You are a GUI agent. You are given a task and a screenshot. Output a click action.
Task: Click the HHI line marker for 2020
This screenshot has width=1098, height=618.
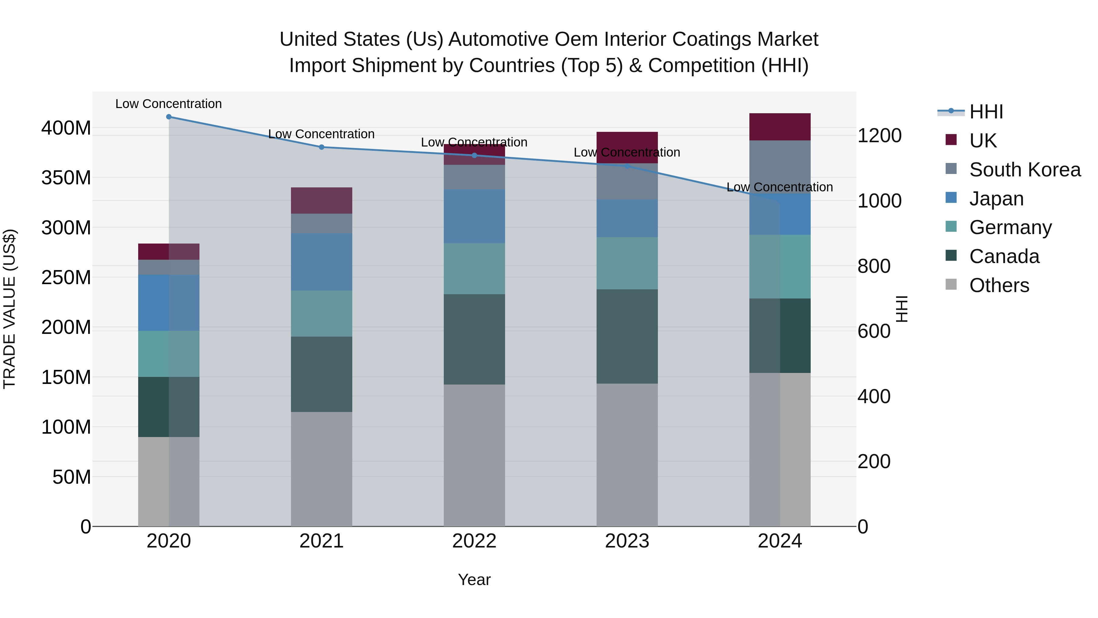pos(169,117)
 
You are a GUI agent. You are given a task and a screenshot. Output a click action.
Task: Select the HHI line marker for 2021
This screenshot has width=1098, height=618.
pos(321,147)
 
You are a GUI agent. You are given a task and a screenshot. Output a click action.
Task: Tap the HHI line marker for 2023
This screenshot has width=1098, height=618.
pos(627,166)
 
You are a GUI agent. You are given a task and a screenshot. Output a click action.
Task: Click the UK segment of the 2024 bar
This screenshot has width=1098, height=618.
pos(780,127)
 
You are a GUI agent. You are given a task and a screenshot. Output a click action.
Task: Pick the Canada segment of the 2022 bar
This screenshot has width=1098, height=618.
pos(474,339)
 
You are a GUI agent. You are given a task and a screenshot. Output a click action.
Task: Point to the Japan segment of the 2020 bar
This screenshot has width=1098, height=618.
pos(169,302)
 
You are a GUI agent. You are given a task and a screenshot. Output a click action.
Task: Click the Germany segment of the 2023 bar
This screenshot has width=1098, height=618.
pos(627,263)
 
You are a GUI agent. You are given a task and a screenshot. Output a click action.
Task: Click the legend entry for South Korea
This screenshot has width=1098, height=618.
pos(1025,170)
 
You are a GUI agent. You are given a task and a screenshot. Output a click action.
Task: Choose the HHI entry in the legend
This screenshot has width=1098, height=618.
pos(986,112)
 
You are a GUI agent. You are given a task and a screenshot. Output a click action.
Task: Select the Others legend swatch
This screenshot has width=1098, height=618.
pos(951,284)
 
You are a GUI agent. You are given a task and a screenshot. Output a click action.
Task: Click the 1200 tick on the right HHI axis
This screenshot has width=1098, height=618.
pos(879,136)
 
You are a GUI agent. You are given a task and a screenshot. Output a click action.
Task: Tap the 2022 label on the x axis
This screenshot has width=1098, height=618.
pos(474,541)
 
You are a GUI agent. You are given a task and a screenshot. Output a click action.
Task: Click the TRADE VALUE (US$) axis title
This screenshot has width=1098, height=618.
pos(9,309)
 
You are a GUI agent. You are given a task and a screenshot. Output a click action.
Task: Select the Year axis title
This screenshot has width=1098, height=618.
pos(474,580)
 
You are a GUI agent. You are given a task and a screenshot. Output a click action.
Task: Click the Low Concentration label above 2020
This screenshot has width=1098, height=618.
pos(169,104)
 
